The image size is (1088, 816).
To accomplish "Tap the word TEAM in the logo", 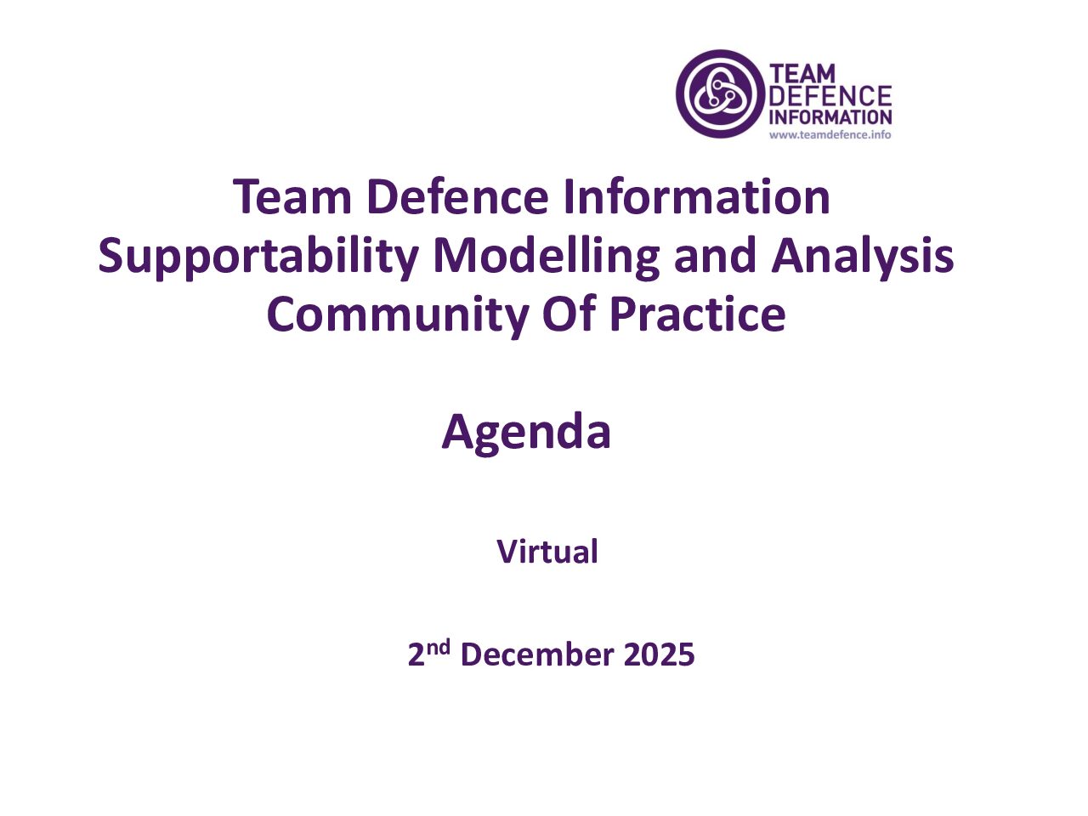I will (x=802, y=74).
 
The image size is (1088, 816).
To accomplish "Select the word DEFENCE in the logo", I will (x=830, y=96).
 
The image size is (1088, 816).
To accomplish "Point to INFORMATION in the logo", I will (x=830, y=117).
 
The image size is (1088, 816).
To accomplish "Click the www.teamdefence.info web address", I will (x=830, y=134).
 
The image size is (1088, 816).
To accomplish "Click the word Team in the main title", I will (x=292, y=196).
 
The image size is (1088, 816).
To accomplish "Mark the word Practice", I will (x=697, y=314).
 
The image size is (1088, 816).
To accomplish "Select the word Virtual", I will (x=547, y=552).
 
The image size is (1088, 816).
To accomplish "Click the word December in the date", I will (x=536, y=654).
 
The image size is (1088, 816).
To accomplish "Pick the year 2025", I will (x=659, y=654).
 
